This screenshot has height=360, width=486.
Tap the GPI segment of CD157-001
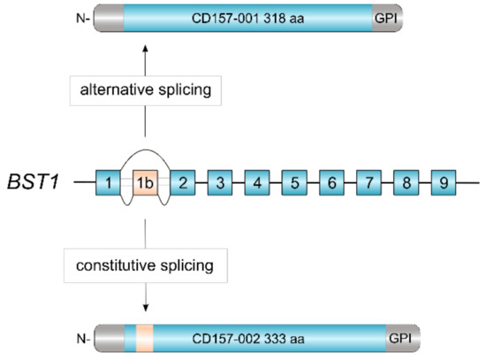click(x=386, y=18)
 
